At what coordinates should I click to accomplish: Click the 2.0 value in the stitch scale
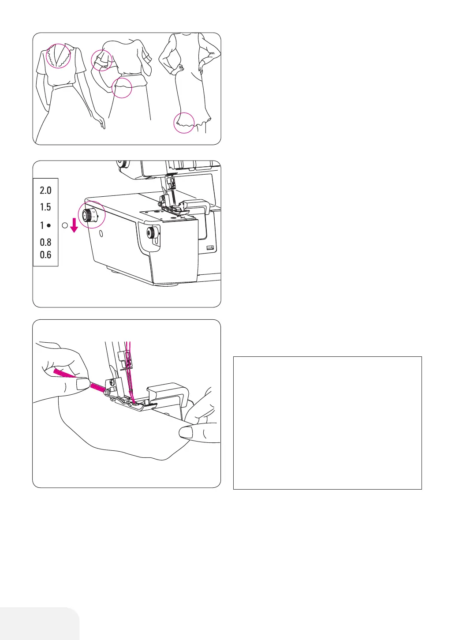pos(45,191)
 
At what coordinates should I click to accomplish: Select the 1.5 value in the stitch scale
pos(45,207)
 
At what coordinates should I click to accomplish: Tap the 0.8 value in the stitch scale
pos(45,242)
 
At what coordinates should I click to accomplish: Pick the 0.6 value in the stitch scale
pos(45,255)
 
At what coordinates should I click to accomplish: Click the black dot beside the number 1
pos(49,225)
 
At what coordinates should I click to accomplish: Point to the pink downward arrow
pos(74,225)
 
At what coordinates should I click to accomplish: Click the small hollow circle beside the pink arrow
pos(65,225)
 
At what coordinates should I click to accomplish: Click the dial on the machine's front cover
pos(153,232)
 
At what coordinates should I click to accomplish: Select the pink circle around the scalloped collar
pos(58,56)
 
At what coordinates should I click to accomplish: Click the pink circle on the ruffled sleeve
pos(101,60)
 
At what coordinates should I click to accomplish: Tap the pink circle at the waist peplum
pos(121,87)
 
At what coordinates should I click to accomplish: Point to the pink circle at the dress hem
pos(184,123)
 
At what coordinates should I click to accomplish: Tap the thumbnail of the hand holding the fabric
pos(186,433)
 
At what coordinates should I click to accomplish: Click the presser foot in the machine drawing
pos(132,401)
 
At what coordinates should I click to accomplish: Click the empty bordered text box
pos(327,423)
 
